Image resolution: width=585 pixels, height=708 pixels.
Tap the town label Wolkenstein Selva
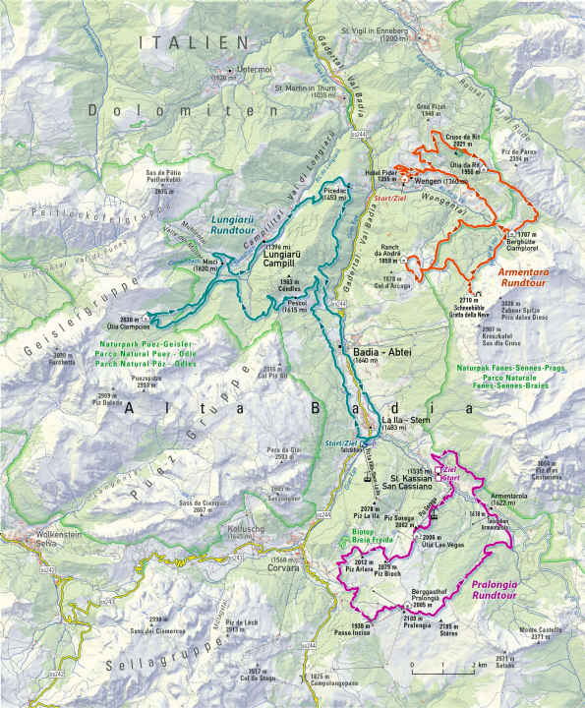click(x=31, y=542)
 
